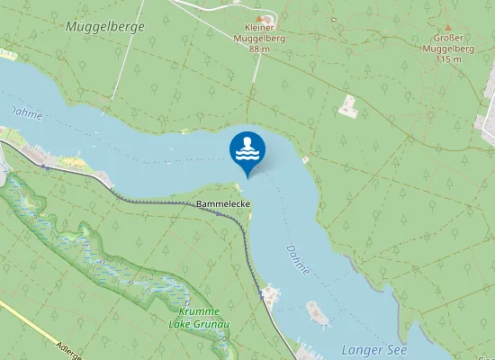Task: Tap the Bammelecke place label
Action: pos(223,205)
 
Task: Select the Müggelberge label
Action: pos(105,27)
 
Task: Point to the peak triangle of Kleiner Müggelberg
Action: pos(260,18)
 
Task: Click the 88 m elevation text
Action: pos(260,49)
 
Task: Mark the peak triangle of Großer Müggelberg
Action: pos(447,27)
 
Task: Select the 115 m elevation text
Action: pos(447,59)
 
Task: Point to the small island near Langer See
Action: pos(318,312)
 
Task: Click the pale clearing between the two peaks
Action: pos(348,106)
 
